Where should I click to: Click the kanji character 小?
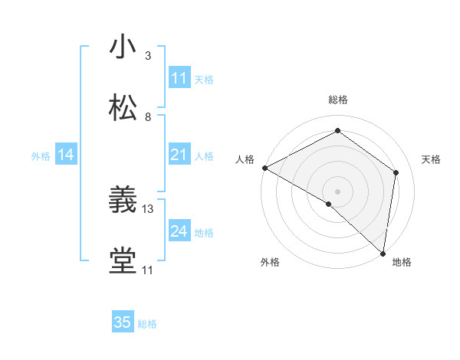click(123, 47)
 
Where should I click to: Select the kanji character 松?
click(123, 109)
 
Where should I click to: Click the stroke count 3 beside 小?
click(148, 56)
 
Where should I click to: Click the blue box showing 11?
click(179, 78)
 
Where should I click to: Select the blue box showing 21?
click(179, 155)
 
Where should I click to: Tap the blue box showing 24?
click(179, 231)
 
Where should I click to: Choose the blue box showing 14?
click(66, 155)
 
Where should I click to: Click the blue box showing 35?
click(123, 322)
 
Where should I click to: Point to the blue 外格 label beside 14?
click(41, 156)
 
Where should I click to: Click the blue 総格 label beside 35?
click(147, 324)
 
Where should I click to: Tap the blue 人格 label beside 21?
click(204, 156)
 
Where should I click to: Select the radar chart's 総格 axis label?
click(338, 100)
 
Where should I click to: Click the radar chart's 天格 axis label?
click(431, 159)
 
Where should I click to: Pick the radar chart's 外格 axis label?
click(270, 262)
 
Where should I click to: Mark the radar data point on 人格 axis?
click(264, 168)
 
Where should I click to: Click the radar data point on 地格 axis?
click(383, 253)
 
